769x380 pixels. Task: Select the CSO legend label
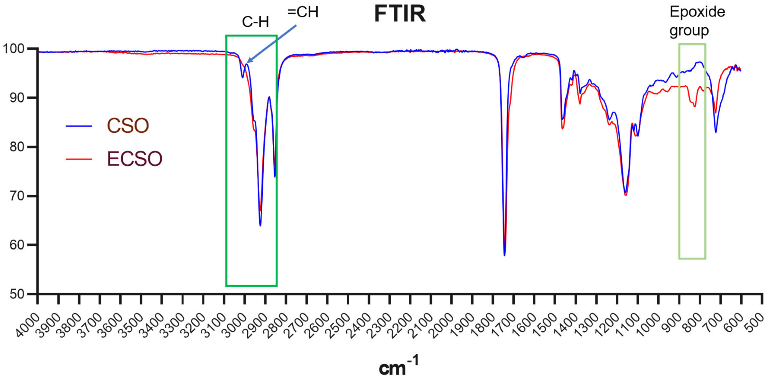coord(128,126)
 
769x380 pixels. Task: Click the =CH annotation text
coord(303,12)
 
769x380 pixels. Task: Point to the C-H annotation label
coord(255,22)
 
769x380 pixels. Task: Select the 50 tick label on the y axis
coord(17,294)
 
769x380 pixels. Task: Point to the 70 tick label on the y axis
coord(17,196)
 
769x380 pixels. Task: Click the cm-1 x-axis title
coord(399,366)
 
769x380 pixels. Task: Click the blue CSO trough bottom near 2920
coord(260,225)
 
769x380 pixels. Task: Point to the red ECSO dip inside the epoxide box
coord(695,106)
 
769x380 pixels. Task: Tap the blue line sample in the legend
coord(79,126)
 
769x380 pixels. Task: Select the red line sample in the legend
coord(79,159)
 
